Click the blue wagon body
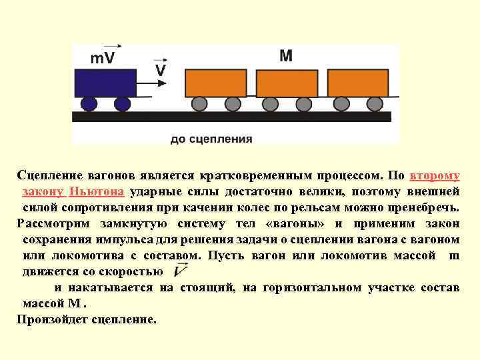pos(107,82)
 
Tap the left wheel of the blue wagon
pos(89,103)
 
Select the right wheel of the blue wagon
pos(122,103)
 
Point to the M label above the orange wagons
pos(285,55)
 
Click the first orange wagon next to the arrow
pos(216,83)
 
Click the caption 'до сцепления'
pos(211,139)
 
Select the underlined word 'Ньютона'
pos(97,192)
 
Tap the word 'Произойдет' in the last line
pos(51,319)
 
